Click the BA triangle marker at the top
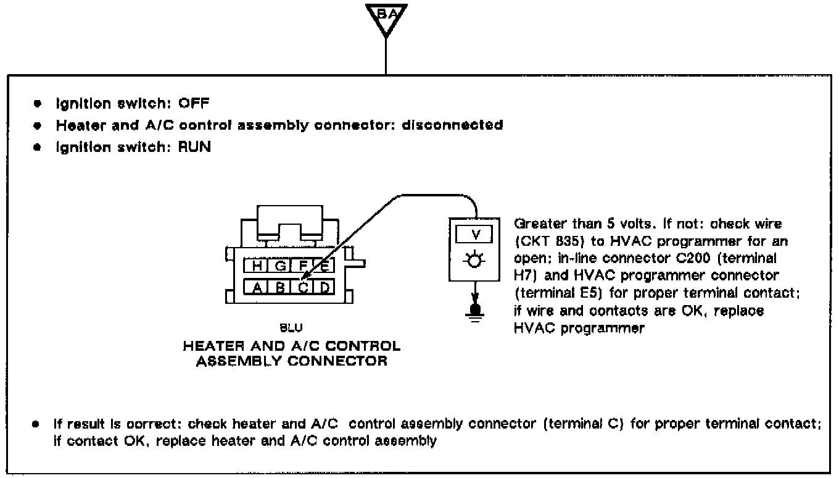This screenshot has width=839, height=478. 385,17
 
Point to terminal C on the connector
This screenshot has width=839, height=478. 303,287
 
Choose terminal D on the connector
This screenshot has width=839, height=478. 324,287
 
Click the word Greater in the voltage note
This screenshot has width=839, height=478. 535,224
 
